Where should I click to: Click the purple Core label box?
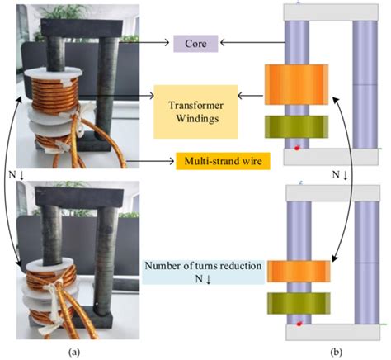pos(195,42)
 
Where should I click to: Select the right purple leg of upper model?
pos(364,83)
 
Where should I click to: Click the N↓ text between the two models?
pos(340,175)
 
